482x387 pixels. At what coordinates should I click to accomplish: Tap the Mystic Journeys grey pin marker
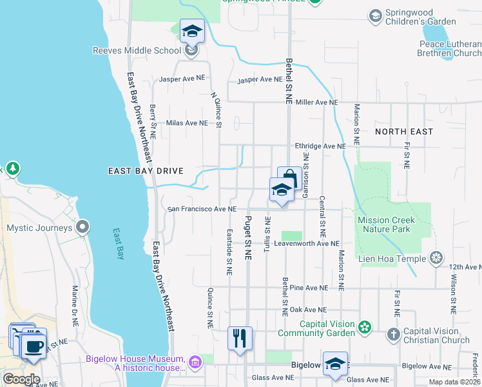(82, 228)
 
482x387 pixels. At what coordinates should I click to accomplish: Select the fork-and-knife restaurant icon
(240, 338)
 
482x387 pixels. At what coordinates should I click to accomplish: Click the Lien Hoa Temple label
(394, 259)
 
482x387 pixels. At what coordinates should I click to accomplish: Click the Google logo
(21, 379)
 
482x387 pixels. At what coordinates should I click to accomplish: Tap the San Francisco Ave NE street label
(202, 209)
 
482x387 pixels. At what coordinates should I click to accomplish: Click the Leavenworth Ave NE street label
(306, 244)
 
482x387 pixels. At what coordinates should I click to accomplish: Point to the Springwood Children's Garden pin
(375, 15)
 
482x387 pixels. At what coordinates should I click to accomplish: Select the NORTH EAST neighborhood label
(404, 132)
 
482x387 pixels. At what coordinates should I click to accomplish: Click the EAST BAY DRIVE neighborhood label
(146, 171)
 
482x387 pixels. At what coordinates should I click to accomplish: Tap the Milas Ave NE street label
(187, 123)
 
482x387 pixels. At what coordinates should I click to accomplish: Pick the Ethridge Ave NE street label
(320, 146)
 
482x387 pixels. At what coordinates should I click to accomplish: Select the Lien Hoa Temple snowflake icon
(437, 259)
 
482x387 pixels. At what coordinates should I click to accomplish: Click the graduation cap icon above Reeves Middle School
(191, 30)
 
